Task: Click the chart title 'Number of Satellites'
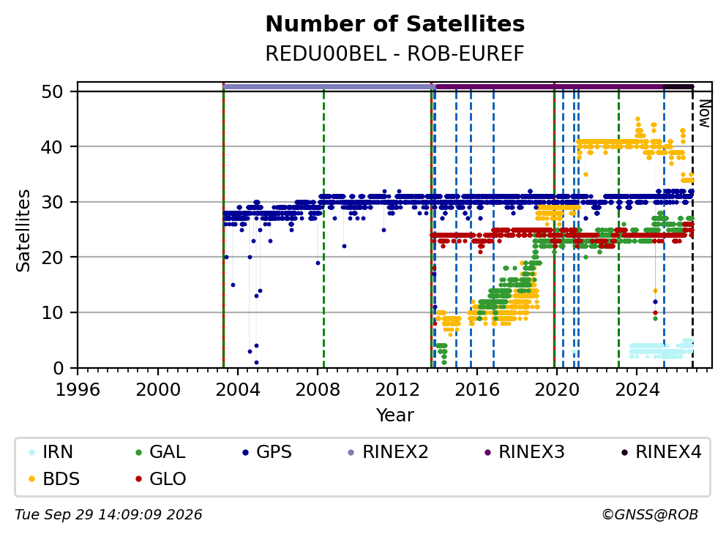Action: pos(395,24)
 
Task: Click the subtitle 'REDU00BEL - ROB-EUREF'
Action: pos(394,53)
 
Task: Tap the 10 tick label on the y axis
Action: pos(52,313)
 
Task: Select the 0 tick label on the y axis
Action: pos(58,369)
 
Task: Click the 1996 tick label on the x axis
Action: pos(78,390)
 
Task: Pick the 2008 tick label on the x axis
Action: pos(318,390)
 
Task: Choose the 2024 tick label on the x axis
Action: pos(637,390)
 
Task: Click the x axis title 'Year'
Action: pos(395,416)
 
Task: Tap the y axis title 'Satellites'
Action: pos(23,230)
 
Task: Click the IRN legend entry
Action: pos(50,452)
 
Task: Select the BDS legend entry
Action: pos(53,478)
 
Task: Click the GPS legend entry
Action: pos(267,452)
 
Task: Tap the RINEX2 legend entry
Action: pos(388,452)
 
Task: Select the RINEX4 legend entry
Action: pos(661,452)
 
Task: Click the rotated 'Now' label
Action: pos(705,114)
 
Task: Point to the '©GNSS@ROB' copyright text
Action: pos(650,514)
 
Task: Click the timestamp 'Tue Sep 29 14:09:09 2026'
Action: pos(108,514)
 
